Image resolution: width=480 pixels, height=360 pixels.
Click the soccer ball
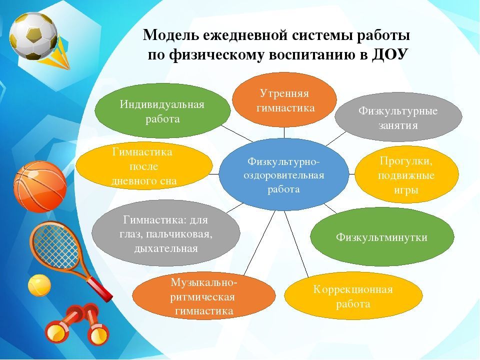point(33,36)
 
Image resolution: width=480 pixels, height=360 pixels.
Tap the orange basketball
point(40,186)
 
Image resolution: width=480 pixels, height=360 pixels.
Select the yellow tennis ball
point(39,285)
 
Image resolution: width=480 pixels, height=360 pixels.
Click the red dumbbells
point(77,325)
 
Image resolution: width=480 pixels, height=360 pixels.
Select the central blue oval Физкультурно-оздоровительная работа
point(284,174)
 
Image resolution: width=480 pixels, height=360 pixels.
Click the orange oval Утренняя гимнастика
point(284,100)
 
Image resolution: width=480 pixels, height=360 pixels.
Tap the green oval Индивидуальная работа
point(162,111)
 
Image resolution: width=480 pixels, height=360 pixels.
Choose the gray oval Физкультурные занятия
point(398,117)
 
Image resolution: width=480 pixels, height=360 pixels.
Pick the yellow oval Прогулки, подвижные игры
point(406,175)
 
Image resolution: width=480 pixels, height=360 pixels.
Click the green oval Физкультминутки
point(382,237)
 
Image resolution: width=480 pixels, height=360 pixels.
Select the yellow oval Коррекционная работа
point(353,296)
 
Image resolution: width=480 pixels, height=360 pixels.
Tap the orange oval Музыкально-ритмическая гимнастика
point(204,296)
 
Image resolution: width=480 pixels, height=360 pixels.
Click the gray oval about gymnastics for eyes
point(166,233)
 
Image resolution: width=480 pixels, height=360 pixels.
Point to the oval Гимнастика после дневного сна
point(144,166)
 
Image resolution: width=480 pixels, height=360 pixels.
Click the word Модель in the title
point(169,35)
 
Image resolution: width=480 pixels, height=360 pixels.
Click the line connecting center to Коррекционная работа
point(296,244)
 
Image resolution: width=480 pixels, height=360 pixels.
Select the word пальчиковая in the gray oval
point(179,234)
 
